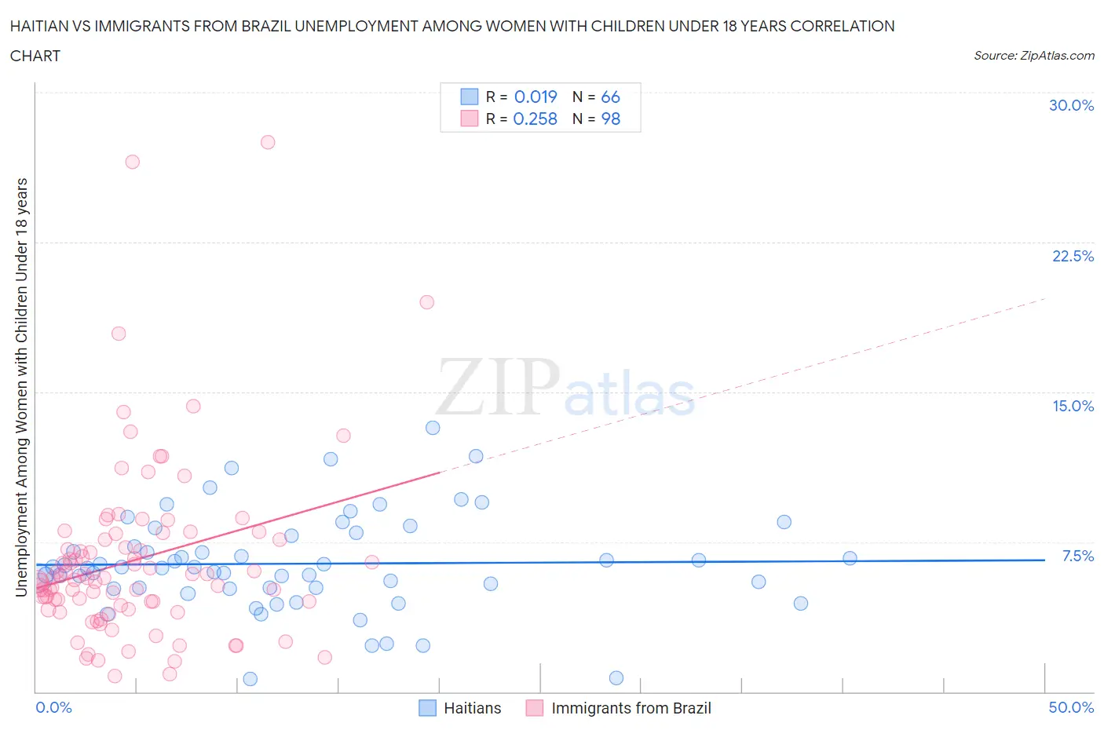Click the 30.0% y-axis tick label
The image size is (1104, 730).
1071,105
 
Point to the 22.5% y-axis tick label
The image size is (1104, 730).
1073,256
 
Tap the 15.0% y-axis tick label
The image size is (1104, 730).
1073,406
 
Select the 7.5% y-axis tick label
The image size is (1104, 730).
1077,556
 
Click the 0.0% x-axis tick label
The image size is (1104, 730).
53,707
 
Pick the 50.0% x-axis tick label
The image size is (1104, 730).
1071,707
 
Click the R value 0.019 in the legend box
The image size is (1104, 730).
536,97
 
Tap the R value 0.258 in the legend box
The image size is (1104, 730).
535,119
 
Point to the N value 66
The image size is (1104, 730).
610,97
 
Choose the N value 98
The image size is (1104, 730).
610,119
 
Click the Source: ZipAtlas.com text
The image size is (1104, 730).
1033,55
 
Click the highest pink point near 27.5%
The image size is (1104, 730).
268,142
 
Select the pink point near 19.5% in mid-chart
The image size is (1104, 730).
427,302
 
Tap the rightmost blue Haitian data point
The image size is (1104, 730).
850,558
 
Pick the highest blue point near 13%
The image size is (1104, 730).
433,428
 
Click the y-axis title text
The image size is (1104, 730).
22,387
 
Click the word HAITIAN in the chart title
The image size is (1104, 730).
40,26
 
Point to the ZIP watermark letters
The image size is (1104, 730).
498,386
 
